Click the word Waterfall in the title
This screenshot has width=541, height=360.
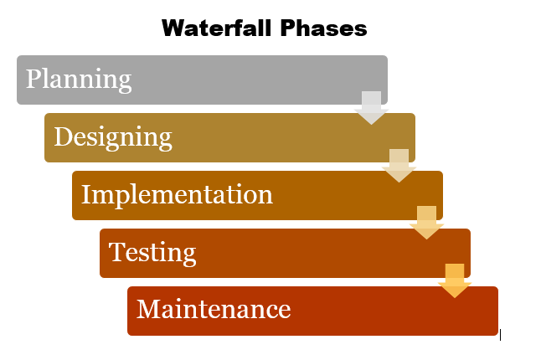[218, 28]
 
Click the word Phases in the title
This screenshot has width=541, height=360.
[323, 28]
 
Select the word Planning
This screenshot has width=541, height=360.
[79, 80]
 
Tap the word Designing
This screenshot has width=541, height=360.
[113, 137]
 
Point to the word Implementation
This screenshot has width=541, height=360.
[177, 195]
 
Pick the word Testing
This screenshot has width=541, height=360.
[152, 253]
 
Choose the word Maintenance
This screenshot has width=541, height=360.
[214, 309]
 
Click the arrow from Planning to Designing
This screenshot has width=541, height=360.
[371, 108]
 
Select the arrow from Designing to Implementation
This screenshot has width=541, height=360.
[399, 166]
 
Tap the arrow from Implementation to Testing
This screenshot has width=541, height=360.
[426, 223]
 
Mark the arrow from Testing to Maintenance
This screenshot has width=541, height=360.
[455, 280]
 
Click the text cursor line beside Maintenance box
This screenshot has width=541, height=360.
[500, 335]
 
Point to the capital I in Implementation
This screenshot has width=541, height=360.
[86, 194]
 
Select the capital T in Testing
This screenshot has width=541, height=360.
[116, 252]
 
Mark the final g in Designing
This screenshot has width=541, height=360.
[165, 141]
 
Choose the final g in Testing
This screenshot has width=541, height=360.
[189, 256]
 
